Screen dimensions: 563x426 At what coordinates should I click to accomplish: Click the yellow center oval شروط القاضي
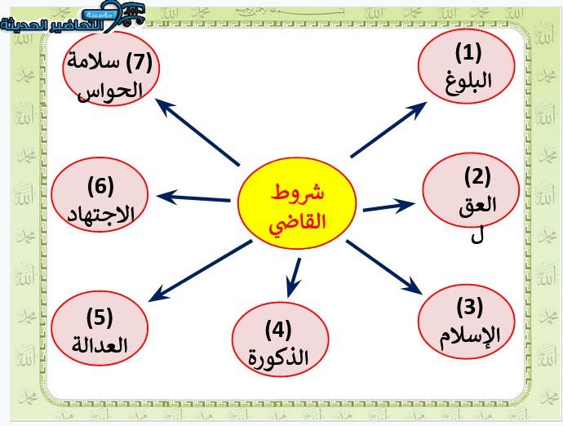coord(297,203)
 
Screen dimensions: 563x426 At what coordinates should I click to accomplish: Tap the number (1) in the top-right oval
coord(468,52)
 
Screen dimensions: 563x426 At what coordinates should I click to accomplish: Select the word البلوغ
coord(468,81)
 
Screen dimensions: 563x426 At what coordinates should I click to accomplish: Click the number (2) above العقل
coord(477,176)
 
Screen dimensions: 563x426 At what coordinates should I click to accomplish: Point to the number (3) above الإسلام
coord(469,307)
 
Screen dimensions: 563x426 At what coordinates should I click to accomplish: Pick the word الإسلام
coord(470,336)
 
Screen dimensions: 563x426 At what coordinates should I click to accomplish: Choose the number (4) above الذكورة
coord(278,330)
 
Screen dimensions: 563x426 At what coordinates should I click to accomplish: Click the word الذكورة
coord(278,357)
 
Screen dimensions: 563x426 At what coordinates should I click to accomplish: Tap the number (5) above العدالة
coord(100,317)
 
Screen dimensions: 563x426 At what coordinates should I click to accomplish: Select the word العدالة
coord(100,345)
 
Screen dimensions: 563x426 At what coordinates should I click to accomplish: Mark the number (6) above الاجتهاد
coord(100,186)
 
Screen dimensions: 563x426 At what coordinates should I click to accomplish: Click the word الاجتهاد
coord(101,215)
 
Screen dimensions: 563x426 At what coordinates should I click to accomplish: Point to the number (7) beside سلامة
coord(139,61)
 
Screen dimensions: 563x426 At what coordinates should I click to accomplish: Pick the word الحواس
coord(110,91)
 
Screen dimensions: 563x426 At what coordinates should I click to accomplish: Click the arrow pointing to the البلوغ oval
coord(388,129)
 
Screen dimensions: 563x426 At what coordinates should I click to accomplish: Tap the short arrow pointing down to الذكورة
coord(294,277)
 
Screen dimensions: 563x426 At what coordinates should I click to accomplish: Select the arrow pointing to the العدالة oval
coord(200,271)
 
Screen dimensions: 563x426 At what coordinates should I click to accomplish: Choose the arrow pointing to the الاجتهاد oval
coord(193,198)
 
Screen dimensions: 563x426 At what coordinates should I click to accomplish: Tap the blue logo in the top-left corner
coord(73,16)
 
